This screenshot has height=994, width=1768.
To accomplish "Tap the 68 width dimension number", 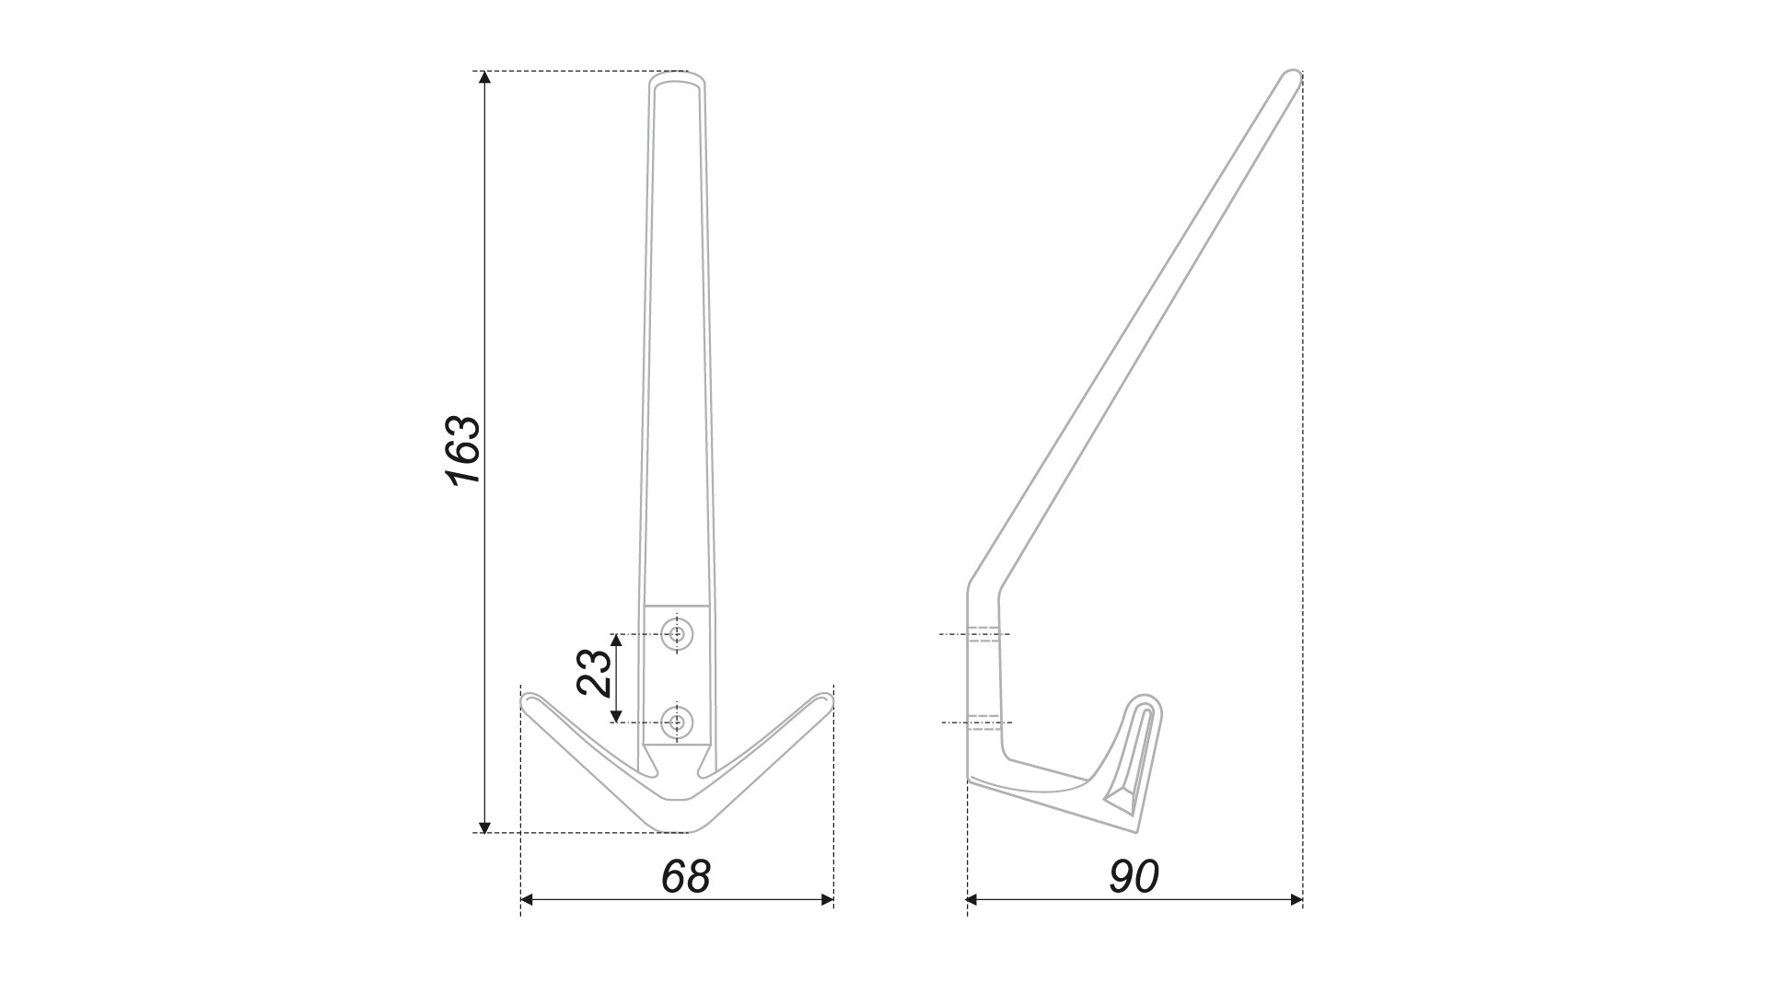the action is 686,877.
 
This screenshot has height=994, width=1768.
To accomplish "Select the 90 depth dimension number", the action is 1134,877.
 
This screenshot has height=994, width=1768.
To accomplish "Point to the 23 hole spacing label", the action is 594,673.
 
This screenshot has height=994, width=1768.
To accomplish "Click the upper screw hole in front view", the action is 679,634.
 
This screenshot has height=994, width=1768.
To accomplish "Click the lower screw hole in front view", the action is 679,722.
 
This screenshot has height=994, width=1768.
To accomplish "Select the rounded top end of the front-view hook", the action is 679,77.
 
